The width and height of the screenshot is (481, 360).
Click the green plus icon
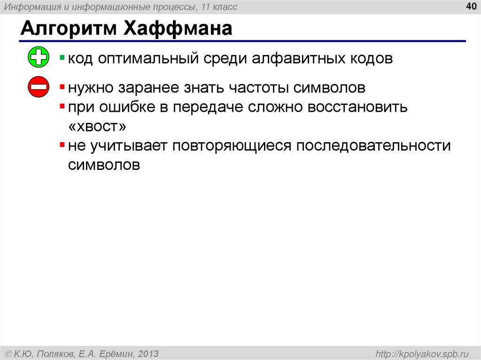(x=39, y=58)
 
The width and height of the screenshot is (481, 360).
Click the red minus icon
(x=39, y=87)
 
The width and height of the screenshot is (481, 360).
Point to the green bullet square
(x=62, y=58)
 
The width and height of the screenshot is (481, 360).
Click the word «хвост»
(x=97, y=127)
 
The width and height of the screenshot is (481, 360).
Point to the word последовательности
(x=373, y=146)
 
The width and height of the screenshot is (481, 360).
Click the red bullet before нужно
(x=62, y=87)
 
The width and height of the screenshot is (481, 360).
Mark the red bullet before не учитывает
(x=62, y=145)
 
